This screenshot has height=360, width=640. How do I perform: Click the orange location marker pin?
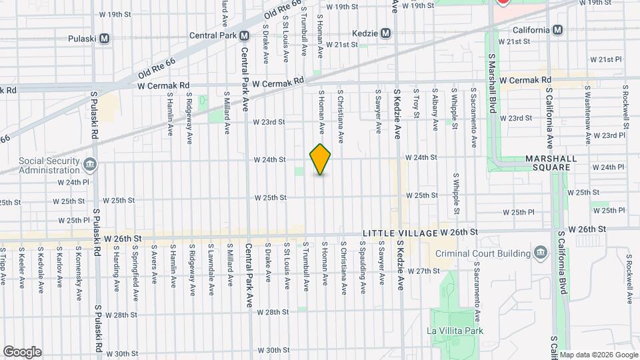click(x=321, y=159)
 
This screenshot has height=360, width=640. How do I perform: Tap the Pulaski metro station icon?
click(x=104, y=39)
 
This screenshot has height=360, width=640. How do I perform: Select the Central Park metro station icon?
click(x=245, y=35)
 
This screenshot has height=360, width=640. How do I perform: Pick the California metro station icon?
click(x=557, y=30)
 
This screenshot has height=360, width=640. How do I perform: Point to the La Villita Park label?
click(x=455, y=331)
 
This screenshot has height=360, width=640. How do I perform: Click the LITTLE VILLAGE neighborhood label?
click(x=399, y=233)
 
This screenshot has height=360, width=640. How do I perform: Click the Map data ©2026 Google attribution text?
click(x=598, y=354)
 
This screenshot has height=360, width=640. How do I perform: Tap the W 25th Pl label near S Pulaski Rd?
click(x=73, y=220)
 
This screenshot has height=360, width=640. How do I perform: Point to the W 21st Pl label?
click(x=606, y=59)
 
